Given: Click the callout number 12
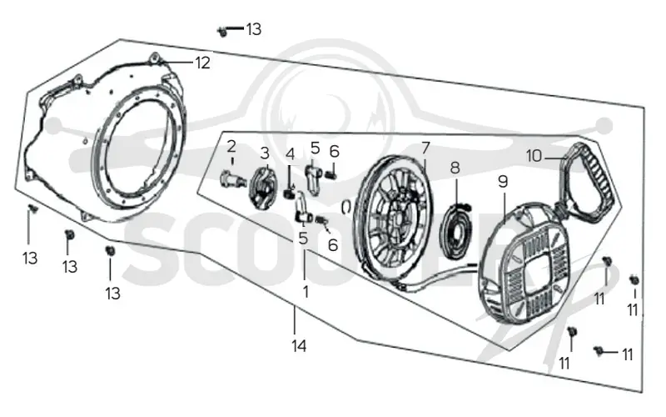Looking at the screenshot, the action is pos(202,63).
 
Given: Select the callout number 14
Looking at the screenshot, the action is pos(299,346).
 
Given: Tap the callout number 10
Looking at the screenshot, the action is pos(534,156).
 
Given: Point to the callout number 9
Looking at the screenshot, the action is pos(503,182).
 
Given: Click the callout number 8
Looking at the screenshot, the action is pos(455,168).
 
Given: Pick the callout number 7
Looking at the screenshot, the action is pos(425,148).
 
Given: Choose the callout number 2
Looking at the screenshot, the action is pos(231,147).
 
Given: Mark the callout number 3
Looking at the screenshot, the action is pos(265,153).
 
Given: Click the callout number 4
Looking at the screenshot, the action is pos(290,153).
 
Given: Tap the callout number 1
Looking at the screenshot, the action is pos(306,291).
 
